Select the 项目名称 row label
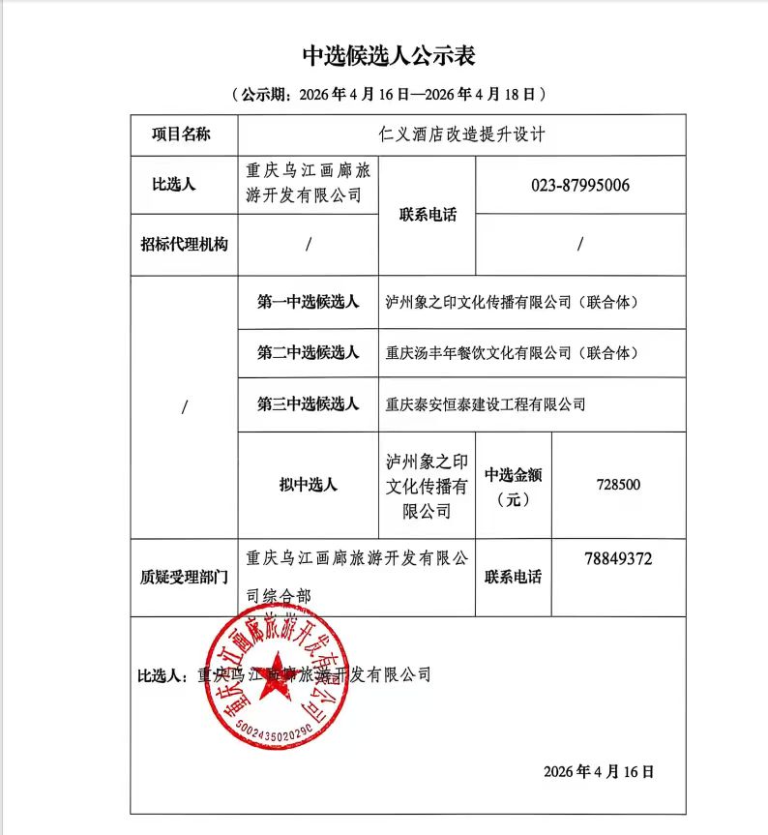click(x=181, y=134)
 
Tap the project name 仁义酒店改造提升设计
click(x=462, y=134)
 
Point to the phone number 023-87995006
click(x=580, y=184)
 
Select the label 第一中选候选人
click(x=308, y=302)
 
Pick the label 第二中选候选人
click(x=308, y=353)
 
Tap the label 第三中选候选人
click(x=308, y=404)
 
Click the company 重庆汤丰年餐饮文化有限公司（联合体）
click(x=512, y=353)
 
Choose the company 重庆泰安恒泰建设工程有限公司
click(x=486, y=404)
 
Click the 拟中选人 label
click(x=308, y=485)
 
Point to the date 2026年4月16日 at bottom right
click(x=599, y=771)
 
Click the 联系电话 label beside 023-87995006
click(x=428, y=215)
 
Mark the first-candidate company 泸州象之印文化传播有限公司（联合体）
click(x=512, y=302)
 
